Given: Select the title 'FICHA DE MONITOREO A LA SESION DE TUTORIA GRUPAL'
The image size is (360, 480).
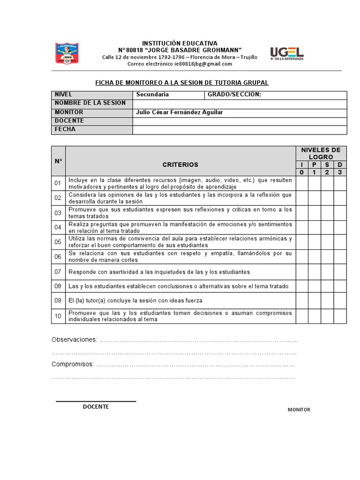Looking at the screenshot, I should pyautogui.click(x=182, y=82).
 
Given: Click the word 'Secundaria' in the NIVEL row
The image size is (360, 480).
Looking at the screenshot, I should pyautogui.click(x=152, y=95).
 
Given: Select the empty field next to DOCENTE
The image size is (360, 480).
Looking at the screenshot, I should pyautogui.click(x=240, y=121).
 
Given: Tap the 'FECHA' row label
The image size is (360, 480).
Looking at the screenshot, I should pyautogui.click(x=65, y=129).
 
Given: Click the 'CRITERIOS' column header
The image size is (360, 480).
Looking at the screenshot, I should pyautogui.click(x=180, y=165).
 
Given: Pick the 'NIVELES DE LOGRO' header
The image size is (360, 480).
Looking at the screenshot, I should pyautogui.click(x=321, y=153).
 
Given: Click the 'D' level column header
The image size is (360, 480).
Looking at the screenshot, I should pyautogui.click(x=340, y=165).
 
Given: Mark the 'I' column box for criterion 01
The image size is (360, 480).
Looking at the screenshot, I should pyautogui.click(x=302, y=183).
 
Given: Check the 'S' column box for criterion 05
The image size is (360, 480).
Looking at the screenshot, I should pyautogui.click(x=327, y=242).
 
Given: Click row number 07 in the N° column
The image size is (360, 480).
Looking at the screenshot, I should pyautogui.click(x=58, y=272).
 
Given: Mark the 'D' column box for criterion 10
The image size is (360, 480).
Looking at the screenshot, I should pyautogui.click(x=340, y=316).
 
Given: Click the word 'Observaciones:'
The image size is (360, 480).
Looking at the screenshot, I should pyautogui.click(x=74, y=339).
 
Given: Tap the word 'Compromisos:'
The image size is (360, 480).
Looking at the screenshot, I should pyautogui.click(x=73, y=364).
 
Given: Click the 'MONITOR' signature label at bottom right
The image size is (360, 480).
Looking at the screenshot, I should pyautogui.click(x=299, y=410).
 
